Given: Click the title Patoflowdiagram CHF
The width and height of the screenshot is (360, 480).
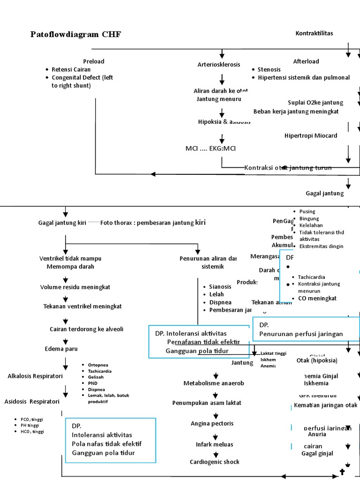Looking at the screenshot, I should [75, 34].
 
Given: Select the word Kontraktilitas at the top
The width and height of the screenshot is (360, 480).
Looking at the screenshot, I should [314, 33].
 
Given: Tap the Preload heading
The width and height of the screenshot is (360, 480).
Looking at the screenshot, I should [94, 61].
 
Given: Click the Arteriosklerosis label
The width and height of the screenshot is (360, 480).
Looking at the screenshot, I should [219, 64].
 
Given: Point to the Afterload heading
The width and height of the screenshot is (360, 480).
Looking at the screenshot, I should [306, 61].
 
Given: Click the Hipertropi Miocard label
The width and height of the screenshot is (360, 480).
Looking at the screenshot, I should [311, 136].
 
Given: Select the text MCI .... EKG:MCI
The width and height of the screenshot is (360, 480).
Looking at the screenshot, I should [210, 149].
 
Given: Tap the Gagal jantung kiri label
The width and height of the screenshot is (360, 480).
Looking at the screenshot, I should [62, 223].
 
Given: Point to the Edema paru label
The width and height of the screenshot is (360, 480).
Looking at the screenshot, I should [61, 349].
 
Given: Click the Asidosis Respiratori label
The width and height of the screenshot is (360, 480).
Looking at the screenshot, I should [32, 401].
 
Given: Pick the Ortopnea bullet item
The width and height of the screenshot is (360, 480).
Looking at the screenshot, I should [97, 365].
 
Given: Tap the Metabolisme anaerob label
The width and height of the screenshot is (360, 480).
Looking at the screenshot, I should [214, 383].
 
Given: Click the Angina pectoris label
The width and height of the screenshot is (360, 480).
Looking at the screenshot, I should [212, 423].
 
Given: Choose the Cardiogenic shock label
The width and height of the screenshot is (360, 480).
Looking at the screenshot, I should [214, 462].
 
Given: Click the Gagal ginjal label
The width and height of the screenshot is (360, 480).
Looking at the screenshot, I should [317, 453].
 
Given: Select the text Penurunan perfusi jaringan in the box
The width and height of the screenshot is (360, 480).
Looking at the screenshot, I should [301, 334].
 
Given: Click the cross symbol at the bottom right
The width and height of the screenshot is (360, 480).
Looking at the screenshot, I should [342, 472].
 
